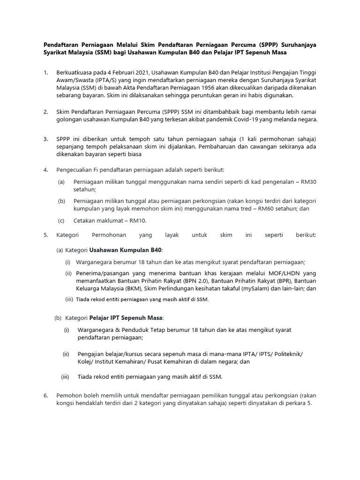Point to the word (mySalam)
(x=266, y=288)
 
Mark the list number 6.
(x=45, y=395)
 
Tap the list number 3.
(x=45, y=139)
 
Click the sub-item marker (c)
(x=61, y=221)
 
